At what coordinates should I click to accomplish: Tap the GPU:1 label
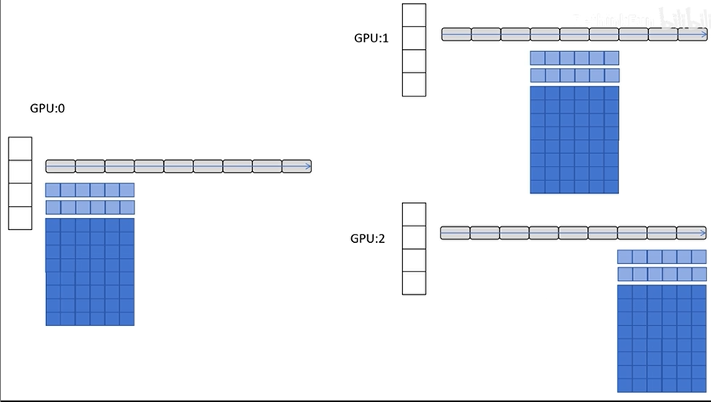click(371, 38)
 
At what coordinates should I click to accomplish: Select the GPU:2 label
click(368, 238)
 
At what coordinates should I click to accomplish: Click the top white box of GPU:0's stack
click(20, 149)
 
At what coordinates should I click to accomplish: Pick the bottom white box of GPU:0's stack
click(20, 217)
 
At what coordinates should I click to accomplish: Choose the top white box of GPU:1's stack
click(413, 15)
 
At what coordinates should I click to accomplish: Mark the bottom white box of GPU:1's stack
click(413, 84)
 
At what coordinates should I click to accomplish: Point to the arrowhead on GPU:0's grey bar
click(308, 166)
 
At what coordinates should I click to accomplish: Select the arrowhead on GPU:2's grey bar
click(701, 233)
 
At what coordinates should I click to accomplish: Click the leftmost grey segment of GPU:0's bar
click(60, 166)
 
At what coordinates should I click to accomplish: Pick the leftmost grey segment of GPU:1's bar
click(456, 35)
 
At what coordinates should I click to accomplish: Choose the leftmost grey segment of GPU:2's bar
click(454, 233)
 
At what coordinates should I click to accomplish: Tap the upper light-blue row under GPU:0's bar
click(90, 190)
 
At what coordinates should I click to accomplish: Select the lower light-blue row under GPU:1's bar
click(574, 75)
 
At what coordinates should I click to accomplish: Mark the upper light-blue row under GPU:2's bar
click(662, 256)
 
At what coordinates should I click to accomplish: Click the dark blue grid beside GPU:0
click(90, 272)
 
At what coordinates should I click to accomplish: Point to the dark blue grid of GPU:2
click(662, 339)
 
